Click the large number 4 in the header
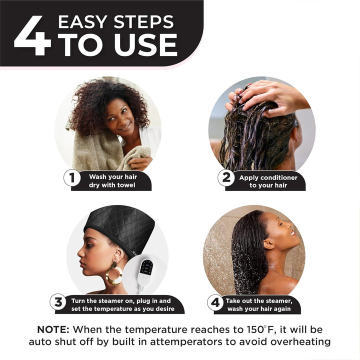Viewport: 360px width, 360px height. pos(32,35)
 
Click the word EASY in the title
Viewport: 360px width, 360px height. pos(83,22)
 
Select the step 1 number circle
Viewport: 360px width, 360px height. pos(71,178)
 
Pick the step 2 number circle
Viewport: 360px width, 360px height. pos(226,178)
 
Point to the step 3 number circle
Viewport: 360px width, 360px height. pos(58,302)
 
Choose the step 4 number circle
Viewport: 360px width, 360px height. pos(215,302)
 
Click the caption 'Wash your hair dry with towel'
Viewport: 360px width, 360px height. pos(112,181)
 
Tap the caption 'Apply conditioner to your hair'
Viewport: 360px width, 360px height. pos(267,181)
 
